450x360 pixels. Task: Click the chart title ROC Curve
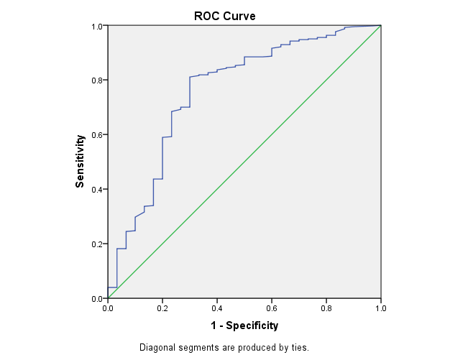coord(224,15)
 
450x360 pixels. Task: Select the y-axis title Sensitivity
coord(81,162)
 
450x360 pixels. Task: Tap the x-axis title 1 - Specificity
coord(244,326)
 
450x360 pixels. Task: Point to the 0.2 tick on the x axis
coord(162,308)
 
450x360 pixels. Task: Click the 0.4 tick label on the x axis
coord(217,308)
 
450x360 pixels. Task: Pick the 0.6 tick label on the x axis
coord(272,308)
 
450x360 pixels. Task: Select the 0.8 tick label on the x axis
coord(326,308)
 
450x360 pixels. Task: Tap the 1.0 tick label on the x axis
coord(381,308)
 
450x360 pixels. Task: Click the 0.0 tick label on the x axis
coord(108,308)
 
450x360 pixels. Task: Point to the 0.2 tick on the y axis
coord(97,244)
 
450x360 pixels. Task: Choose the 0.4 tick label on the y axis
coord(97,190)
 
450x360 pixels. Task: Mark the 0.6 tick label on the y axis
coord(97,135)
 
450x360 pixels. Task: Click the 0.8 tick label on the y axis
coord(97,80)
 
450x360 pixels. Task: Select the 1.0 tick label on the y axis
coord(97,27)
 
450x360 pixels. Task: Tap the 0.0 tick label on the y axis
coord(97,298)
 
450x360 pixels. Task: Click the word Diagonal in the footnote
coord(157,348)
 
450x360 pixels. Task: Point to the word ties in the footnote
coord(300,348)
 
